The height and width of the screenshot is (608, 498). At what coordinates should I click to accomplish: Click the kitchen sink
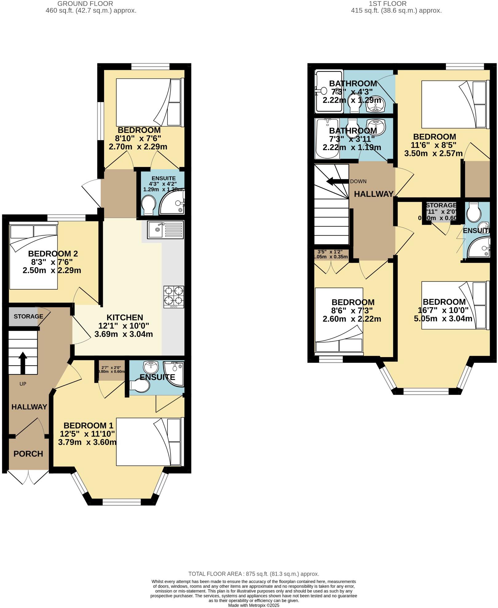[165, 230]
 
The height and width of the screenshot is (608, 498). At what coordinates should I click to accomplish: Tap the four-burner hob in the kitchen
[174, 296]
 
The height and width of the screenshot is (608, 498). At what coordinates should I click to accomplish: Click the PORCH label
[28, 454]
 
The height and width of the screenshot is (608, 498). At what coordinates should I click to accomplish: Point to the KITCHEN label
[125, 317]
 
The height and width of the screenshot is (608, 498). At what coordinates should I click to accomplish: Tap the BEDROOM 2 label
[53, 254]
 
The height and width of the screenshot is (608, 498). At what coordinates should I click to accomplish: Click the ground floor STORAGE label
[28, 316]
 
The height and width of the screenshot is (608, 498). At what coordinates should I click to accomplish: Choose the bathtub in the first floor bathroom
[327, 138]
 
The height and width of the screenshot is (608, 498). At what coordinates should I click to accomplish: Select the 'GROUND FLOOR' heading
[85, 4]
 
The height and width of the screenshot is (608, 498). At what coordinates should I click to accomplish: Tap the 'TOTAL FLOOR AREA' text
[254, 574]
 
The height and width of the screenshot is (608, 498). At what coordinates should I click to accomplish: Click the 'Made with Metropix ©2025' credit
[254, 605]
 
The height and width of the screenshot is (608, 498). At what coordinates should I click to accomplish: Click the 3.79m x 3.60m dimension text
[87, 442]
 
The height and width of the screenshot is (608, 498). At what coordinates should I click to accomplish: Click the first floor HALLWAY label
[374, 194]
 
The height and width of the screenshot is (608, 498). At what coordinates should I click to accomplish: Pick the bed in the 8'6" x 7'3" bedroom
[339, 320]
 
